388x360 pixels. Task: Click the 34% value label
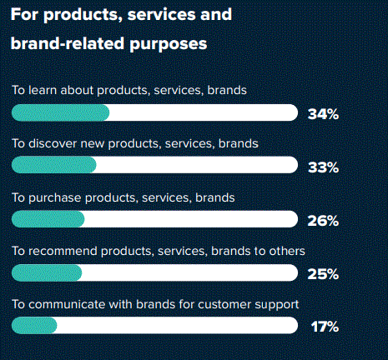click(323, 114)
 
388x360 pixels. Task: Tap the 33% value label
click(323, 167)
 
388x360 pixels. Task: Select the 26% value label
click(323, 221)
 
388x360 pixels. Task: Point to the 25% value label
click(323, 274)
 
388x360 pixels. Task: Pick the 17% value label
click(325, 327)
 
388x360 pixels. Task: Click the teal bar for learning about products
click(60, 112)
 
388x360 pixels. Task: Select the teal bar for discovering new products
click(54, 165)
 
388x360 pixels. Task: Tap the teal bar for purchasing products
click(48, 219)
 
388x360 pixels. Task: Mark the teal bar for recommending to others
click(47, 272)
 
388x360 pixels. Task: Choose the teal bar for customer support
click(34, 325)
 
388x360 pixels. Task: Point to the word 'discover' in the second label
click(53, 143)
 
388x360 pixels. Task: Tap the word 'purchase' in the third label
click(54, 198)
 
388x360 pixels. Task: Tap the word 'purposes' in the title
click(169, 44)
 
